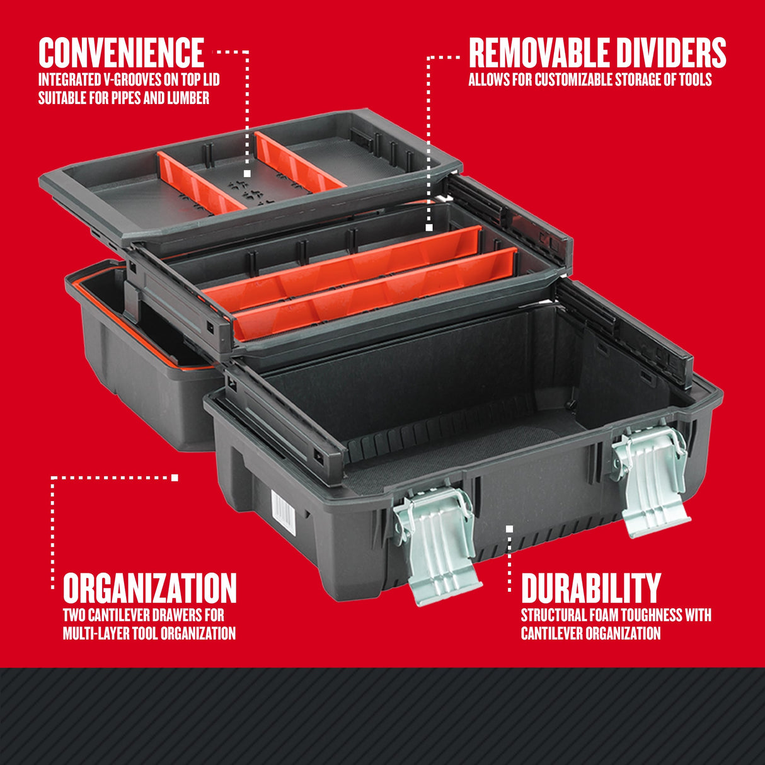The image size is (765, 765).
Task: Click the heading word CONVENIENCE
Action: pos(121,52)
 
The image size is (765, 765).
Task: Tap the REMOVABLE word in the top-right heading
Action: pos(539,53)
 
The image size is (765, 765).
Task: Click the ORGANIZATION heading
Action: pos(149,588)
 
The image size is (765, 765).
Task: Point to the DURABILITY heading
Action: pos(590,588)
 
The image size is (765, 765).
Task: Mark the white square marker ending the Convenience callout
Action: pos(247,173)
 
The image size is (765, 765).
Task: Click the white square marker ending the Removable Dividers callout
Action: pos(429,227)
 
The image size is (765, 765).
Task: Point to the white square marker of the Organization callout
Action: pos(175,478)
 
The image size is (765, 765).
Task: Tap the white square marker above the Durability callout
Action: pos(509,529)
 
